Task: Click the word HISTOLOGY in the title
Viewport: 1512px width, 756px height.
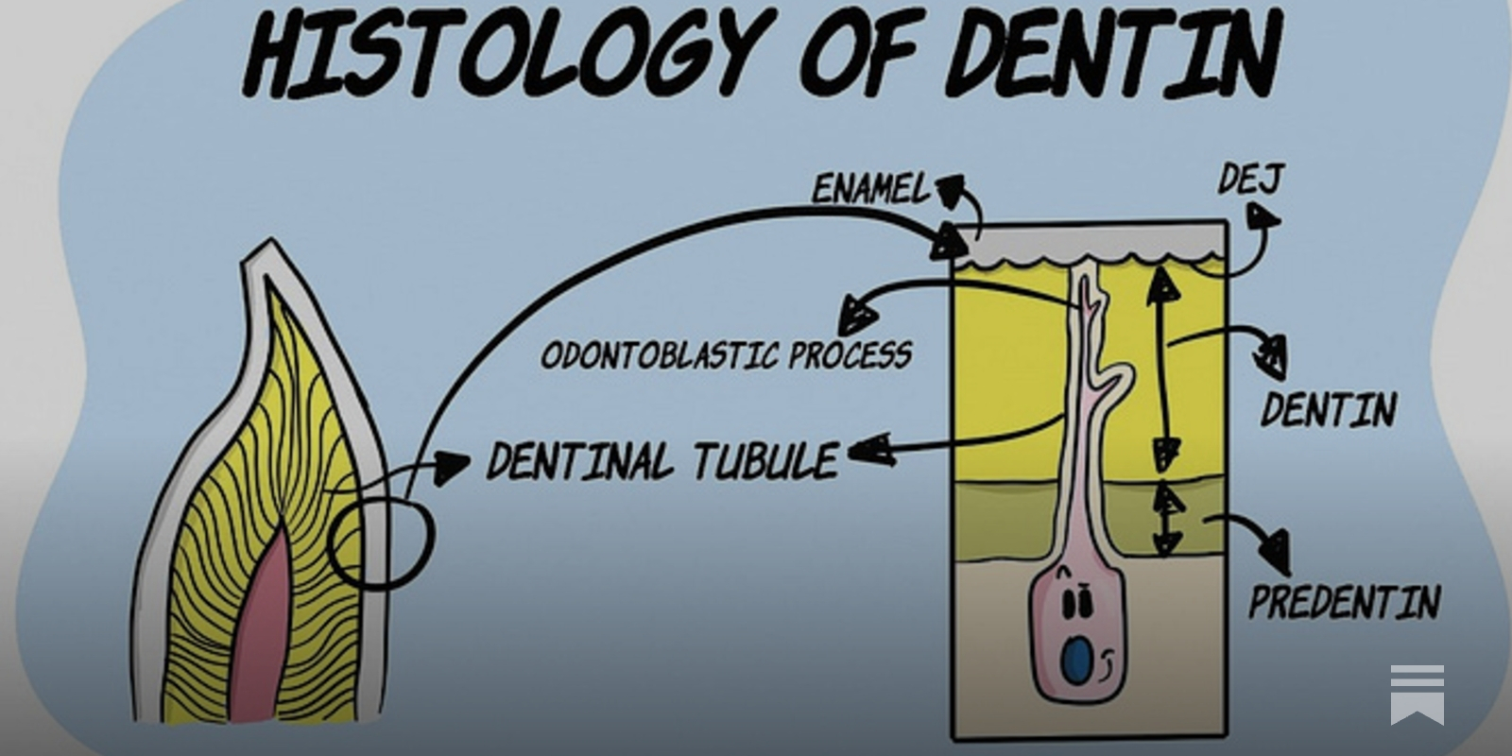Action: pos(501,52)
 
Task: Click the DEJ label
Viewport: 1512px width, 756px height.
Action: pos(1249,179)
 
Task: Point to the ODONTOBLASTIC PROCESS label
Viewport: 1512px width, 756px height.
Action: pos(726,355)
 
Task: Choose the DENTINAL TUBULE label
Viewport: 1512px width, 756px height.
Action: pos(661,461)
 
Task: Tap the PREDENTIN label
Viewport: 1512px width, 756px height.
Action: pos(1344,601)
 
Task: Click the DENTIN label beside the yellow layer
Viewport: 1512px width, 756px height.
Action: pos(1329,410)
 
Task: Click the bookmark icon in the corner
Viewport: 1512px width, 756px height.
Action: pos(1417,694)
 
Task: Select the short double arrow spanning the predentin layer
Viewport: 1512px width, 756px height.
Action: pos(1169,520)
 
